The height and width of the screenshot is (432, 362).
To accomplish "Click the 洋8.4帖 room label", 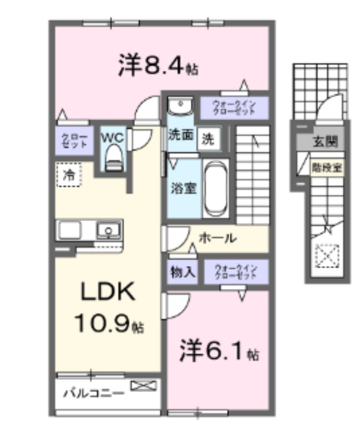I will tap(159, 64).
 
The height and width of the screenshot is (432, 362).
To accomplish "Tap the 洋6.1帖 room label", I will tap(219, 352).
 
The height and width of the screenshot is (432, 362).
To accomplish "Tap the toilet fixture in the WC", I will tap(113, 159).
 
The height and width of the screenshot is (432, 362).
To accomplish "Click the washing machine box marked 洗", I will tap(207, 138).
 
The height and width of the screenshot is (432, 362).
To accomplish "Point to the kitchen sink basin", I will tap(109, 230).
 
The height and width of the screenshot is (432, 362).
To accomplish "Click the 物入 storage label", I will tap(182, 272).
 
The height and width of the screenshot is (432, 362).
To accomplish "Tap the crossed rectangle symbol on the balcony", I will tap(143, 386).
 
